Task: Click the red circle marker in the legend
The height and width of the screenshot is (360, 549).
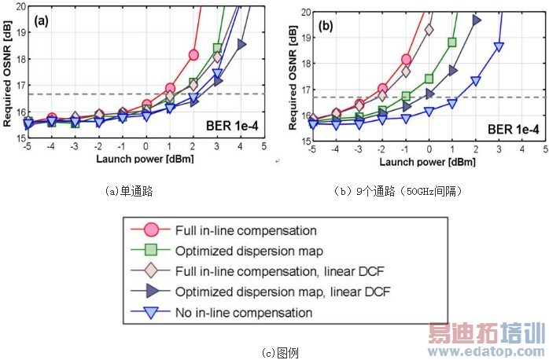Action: coord(153,231)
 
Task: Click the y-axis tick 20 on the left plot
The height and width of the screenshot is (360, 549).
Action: coord(20,6)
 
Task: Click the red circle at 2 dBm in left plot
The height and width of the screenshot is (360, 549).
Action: coord(193,55)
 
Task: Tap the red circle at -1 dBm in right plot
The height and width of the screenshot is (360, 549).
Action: coord(406,59)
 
